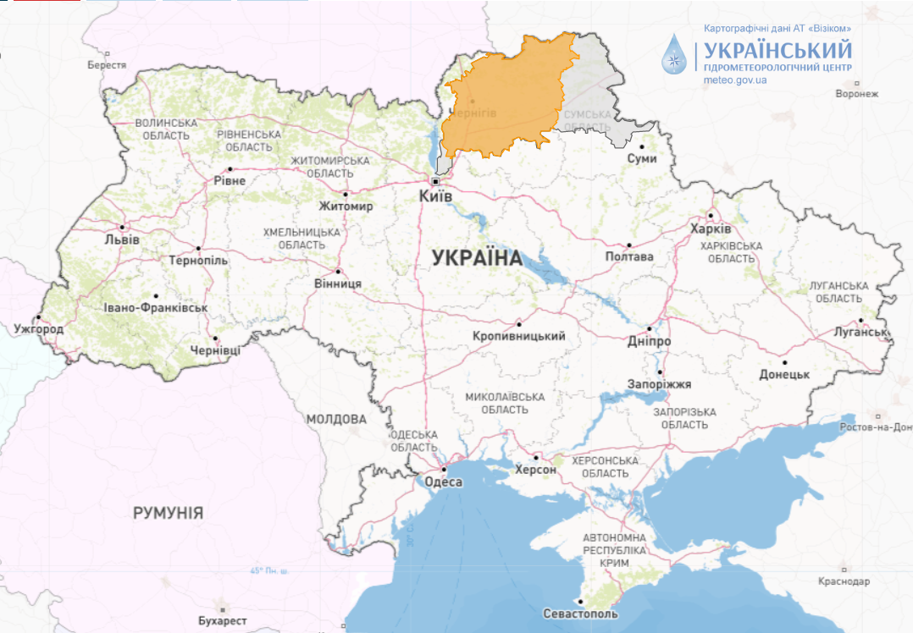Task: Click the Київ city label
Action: [436, 196]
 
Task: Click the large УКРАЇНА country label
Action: [477, 258]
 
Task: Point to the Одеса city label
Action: [442, 482]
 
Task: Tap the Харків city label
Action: [711, 229]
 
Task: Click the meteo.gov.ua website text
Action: [734, 80]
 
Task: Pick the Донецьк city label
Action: [784, 374]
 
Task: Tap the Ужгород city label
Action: [38, 328]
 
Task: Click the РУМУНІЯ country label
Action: [168, 513]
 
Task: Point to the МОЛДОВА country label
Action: [336, 419]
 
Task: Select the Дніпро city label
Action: [650, 341]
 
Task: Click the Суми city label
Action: [642, 158]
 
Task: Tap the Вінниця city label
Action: [337, 283]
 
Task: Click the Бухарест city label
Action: [223, 620]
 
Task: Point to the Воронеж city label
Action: [857, 94]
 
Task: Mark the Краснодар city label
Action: [844, 581]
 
